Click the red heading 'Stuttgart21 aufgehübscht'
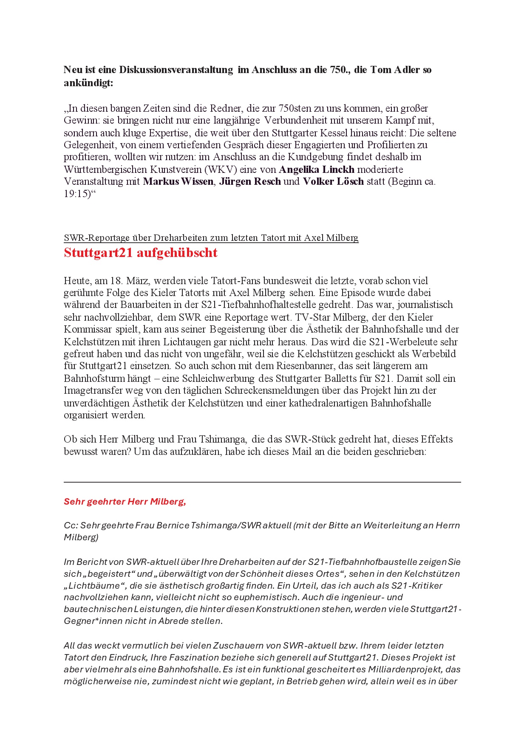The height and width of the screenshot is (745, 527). click(x=140, y=253)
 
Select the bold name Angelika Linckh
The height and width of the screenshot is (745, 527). click(x=316, y=169)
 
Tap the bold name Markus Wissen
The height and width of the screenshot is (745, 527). click(x=178, y=181)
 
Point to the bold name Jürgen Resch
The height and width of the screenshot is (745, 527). click(x=250, y=181)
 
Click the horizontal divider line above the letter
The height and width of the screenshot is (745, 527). click(x=262, y=482)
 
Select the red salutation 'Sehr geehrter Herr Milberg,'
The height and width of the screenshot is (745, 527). click(x=125, y=502)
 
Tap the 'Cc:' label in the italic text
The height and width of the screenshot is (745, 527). click(x=71, y=525)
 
